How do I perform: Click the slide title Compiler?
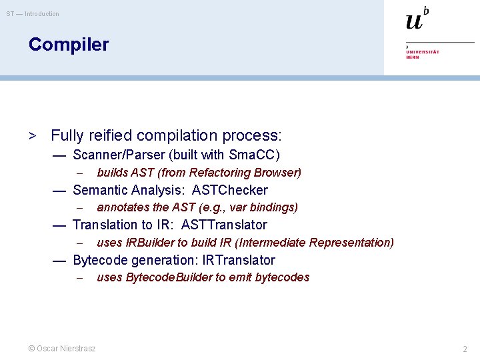[68, 45]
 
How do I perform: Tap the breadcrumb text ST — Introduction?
[33, 14]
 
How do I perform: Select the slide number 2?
[465, 349]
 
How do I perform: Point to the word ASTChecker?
[229, 190]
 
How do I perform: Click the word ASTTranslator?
[223, 225]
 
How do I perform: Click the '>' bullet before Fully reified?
[31, 136]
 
